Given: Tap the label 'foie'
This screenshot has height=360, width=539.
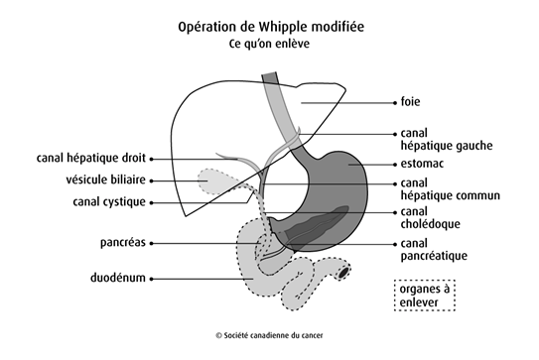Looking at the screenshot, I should click(x=409, y=101).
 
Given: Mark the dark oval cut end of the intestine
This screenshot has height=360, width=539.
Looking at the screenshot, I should click(x=344, y=270).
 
